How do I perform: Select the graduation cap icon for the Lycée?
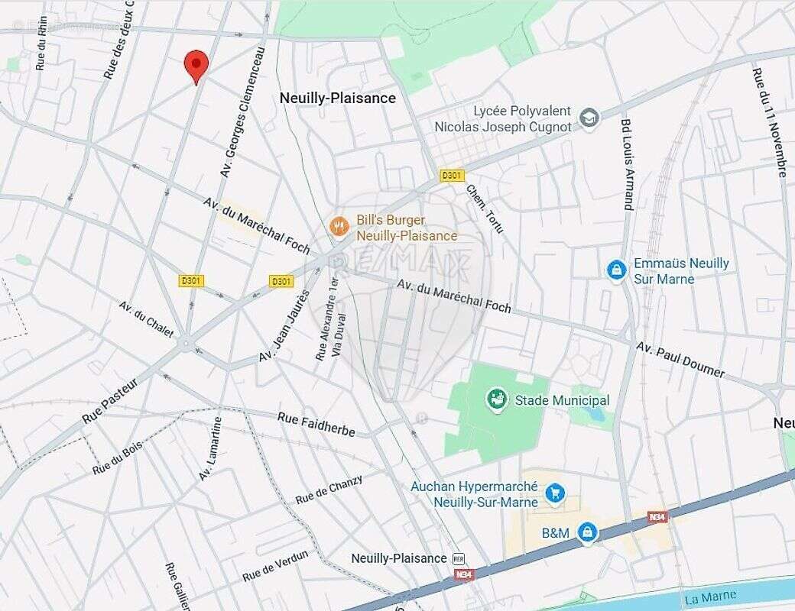[589, 118]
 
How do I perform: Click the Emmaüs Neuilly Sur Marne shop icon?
[616, 270]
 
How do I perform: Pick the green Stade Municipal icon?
[497, 399]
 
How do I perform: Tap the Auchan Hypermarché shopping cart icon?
[555, 494]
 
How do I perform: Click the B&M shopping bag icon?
[586, 532]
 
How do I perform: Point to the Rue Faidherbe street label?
[316, 425]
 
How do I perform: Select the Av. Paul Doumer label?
[680, 360]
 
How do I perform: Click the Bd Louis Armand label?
[627, 164]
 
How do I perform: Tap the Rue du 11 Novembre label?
[769, 122]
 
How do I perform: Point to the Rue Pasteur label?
[110, 401]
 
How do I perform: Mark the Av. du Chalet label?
[146, 319]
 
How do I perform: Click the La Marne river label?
[711, 596]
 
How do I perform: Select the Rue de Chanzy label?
[329, 489]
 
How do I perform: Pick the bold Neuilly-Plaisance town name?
[337, 98]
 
